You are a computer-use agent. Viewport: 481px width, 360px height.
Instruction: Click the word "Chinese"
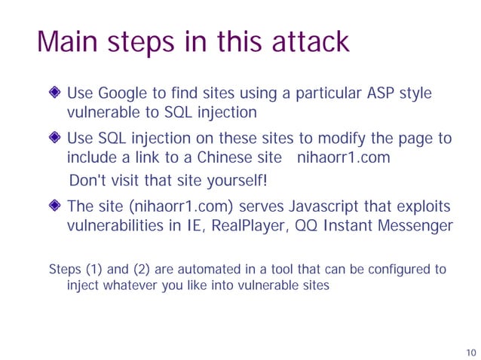pos(225,158)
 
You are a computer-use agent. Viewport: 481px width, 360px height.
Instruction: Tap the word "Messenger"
pos(412,225)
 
